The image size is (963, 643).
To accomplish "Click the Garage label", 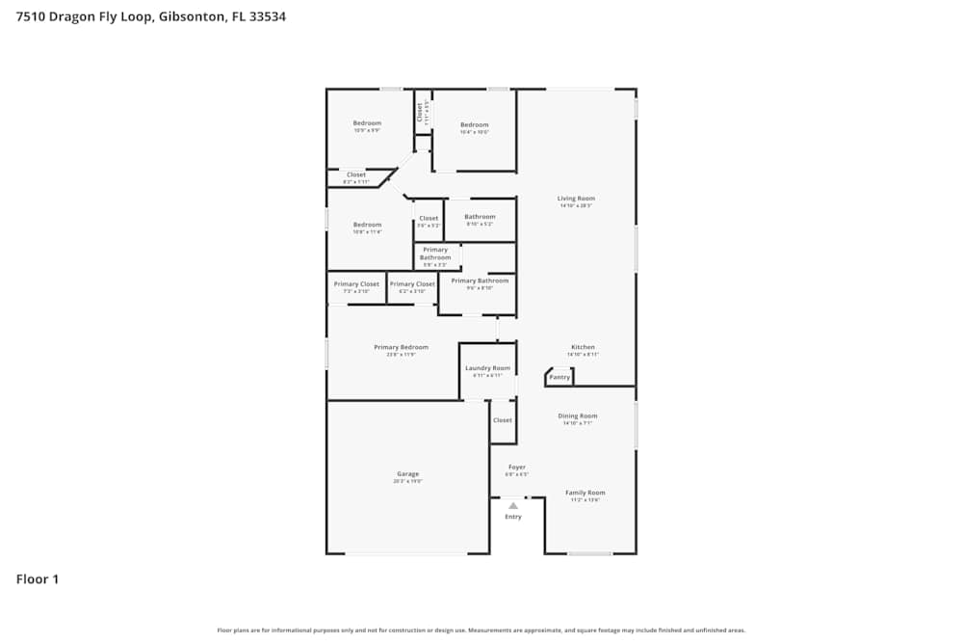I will (x=407, y=473).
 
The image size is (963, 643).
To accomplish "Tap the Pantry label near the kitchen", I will (x=560, y=377).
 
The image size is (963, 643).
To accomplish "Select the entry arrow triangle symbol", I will (x=513, y=505).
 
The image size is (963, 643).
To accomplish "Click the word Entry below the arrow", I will (x=513, y=517).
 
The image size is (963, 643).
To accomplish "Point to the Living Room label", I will (x=576, y=199).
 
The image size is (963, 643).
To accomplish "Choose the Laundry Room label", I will (x=487, y=368).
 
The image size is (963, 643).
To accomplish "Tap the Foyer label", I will (x=517, y=468).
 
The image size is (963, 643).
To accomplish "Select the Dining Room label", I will (x=578, y=415).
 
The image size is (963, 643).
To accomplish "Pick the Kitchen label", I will (x=583, y=347).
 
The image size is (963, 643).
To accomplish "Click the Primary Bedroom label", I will (x=401, y=347).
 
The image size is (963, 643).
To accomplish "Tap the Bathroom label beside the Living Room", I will (x=480, y=217).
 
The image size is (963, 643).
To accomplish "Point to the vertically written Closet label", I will (x=420, y=112).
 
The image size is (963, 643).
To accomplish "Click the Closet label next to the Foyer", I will (x=503, y=420).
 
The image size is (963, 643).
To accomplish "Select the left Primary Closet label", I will (x=356, y=284).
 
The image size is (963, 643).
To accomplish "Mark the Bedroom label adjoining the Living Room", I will (x=474, y=124).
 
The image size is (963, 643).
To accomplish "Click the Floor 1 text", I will (x=38, y=579).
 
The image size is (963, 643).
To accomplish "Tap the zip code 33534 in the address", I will (x=267, y=16).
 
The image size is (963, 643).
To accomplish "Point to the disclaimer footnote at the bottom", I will (x=481, y=630).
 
